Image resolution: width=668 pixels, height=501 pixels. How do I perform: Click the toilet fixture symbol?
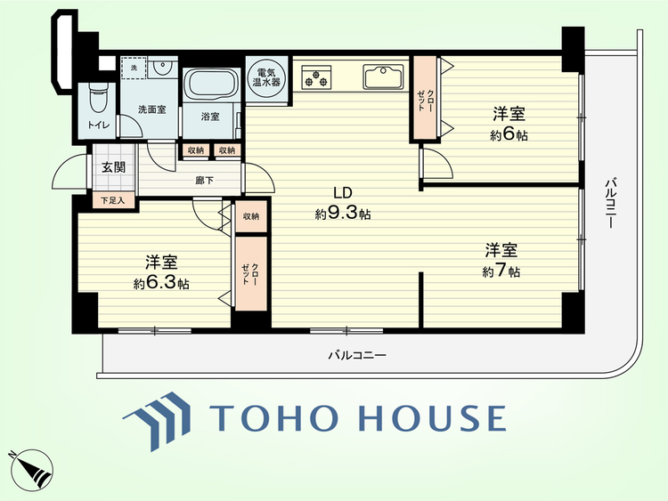(99, 97)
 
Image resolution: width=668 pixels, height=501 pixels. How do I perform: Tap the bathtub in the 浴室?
(211, 84)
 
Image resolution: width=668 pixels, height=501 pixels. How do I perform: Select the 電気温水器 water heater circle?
(266, 78)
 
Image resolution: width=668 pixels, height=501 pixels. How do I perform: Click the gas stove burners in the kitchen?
(316, 77)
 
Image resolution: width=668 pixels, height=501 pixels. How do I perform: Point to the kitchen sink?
(383, 77)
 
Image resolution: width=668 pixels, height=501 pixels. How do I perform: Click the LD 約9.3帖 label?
(343, 204)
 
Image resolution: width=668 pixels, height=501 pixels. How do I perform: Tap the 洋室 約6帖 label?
(509, 125)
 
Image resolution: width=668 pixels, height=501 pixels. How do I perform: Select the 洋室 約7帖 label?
(501, 261)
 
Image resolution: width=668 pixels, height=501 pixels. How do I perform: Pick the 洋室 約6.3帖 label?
(161, 273)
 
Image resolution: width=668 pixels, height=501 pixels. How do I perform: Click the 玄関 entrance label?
(114, 167)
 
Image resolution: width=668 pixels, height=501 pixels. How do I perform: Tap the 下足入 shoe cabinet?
(113, 200)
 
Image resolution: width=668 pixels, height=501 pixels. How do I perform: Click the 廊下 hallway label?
(205, 181)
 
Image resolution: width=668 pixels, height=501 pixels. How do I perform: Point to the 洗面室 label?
(151, 109)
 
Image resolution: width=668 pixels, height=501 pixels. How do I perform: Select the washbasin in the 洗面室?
(162, 67)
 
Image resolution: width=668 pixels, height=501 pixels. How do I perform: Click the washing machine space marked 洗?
(134, 68)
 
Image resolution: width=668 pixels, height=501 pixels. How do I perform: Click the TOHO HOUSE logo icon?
(157, 421)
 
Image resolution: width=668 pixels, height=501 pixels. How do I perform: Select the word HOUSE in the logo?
(433, 418)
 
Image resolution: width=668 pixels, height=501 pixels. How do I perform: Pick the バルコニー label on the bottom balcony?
(357, 355)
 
